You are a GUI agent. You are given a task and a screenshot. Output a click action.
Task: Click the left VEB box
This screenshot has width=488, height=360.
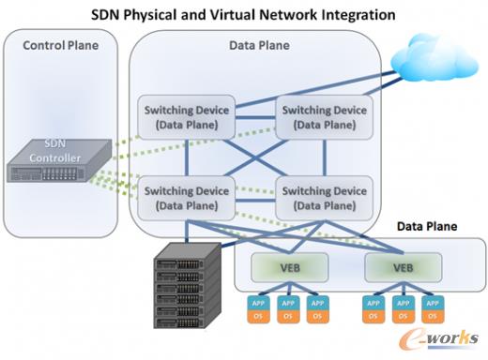288,266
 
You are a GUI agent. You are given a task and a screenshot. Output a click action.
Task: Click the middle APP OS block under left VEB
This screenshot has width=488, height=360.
288,308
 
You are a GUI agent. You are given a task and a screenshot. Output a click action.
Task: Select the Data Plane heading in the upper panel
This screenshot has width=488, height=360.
255,45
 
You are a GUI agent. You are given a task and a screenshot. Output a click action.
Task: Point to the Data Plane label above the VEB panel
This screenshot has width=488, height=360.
427,227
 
